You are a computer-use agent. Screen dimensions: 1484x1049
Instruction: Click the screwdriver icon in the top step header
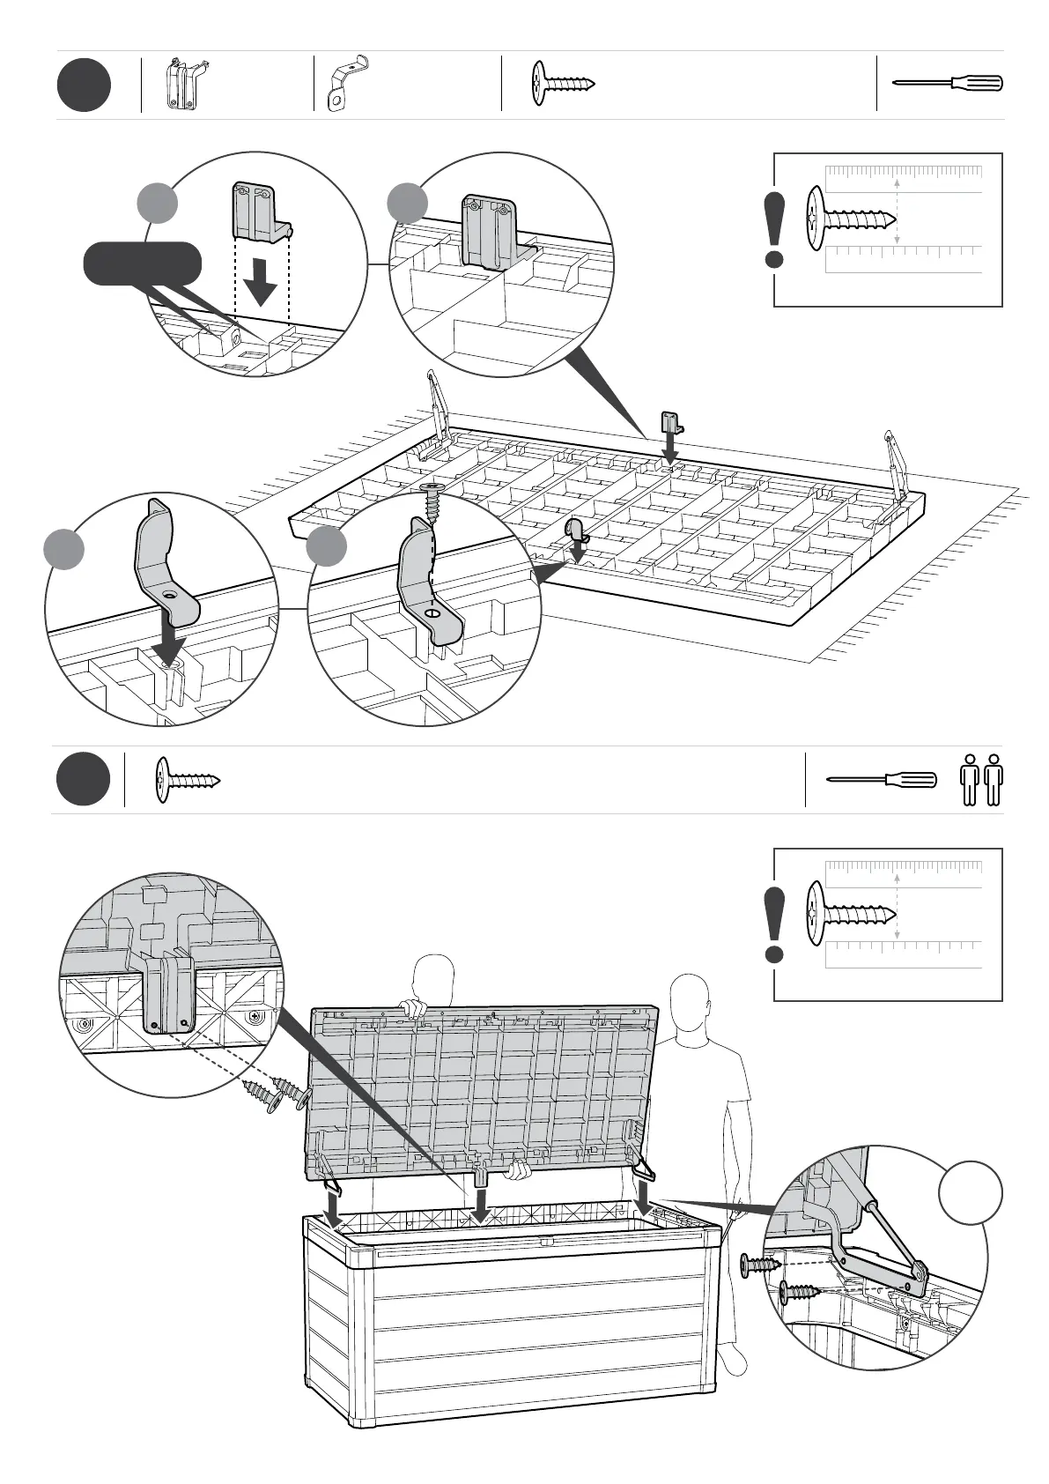point(948,84)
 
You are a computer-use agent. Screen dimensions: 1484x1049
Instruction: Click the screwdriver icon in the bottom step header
point(882,780)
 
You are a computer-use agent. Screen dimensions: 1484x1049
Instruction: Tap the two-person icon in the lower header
point(981,780)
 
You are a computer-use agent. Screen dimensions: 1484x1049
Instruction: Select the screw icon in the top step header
point(564,84)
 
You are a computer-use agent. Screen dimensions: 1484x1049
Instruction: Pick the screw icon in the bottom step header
point(188,780)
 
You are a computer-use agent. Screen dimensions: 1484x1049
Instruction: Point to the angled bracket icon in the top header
point(347,84)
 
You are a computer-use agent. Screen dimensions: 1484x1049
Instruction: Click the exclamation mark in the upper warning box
point(775,230)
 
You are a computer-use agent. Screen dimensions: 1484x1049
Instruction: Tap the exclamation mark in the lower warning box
point(775,924)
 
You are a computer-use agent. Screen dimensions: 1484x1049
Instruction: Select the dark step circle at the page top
point(84,85)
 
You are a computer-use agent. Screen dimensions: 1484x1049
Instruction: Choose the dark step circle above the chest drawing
point(84,780)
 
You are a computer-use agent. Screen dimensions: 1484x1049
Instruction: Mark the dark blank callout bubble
point(143,263)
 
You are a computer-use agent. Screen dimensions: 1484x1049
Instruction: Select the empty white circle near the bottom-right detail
point(970,1192)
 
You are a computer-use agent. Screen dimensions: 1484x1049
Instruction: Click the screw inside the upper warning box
point(850,217)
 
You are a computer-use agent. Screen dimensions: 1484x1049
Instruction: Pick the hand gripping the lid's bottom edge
point(518,1170)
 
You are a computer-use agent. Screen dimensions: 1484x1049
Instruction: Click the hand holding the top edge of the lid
point(410,1006)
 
